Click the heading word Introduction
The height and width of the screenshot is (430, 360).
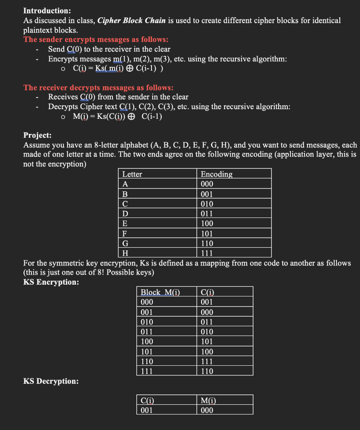click(47, 10)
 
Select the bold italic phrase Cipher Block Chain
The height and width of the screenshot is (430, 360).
click(131, 21)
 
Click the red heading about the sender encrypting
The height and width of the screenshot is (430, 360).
click(96, 39)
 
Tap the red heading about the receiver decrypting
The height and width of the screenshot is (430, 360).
click(99, 87)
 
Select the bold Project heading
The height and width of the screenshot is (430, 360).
click(38, 135)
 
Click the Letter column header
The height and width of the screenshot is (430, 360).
click(132, 174)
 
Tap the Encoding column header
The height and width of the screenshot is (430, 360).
click(217, 174)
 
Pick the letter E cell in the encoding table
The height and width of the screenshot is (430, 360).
click(125, 223)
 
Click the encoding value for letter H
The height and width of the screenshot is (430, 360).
click(207, 253)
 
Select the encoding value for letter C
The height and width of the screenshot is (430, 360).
click(207, 204)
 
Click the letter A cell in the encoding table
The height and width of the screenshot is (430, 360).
click(125, 184)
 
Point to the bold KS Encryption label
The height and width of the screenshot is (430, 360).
click(51, 282)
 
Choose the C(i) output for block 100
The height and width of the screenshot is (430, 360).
click(207, 341)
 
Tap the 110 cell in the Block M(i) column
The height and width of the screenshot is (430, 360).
click(147, 361)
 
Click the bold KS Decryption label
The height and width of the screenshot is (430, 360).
click(51, 381)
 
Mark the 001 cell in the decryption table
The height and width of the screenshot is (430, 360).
click(147, 410)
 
